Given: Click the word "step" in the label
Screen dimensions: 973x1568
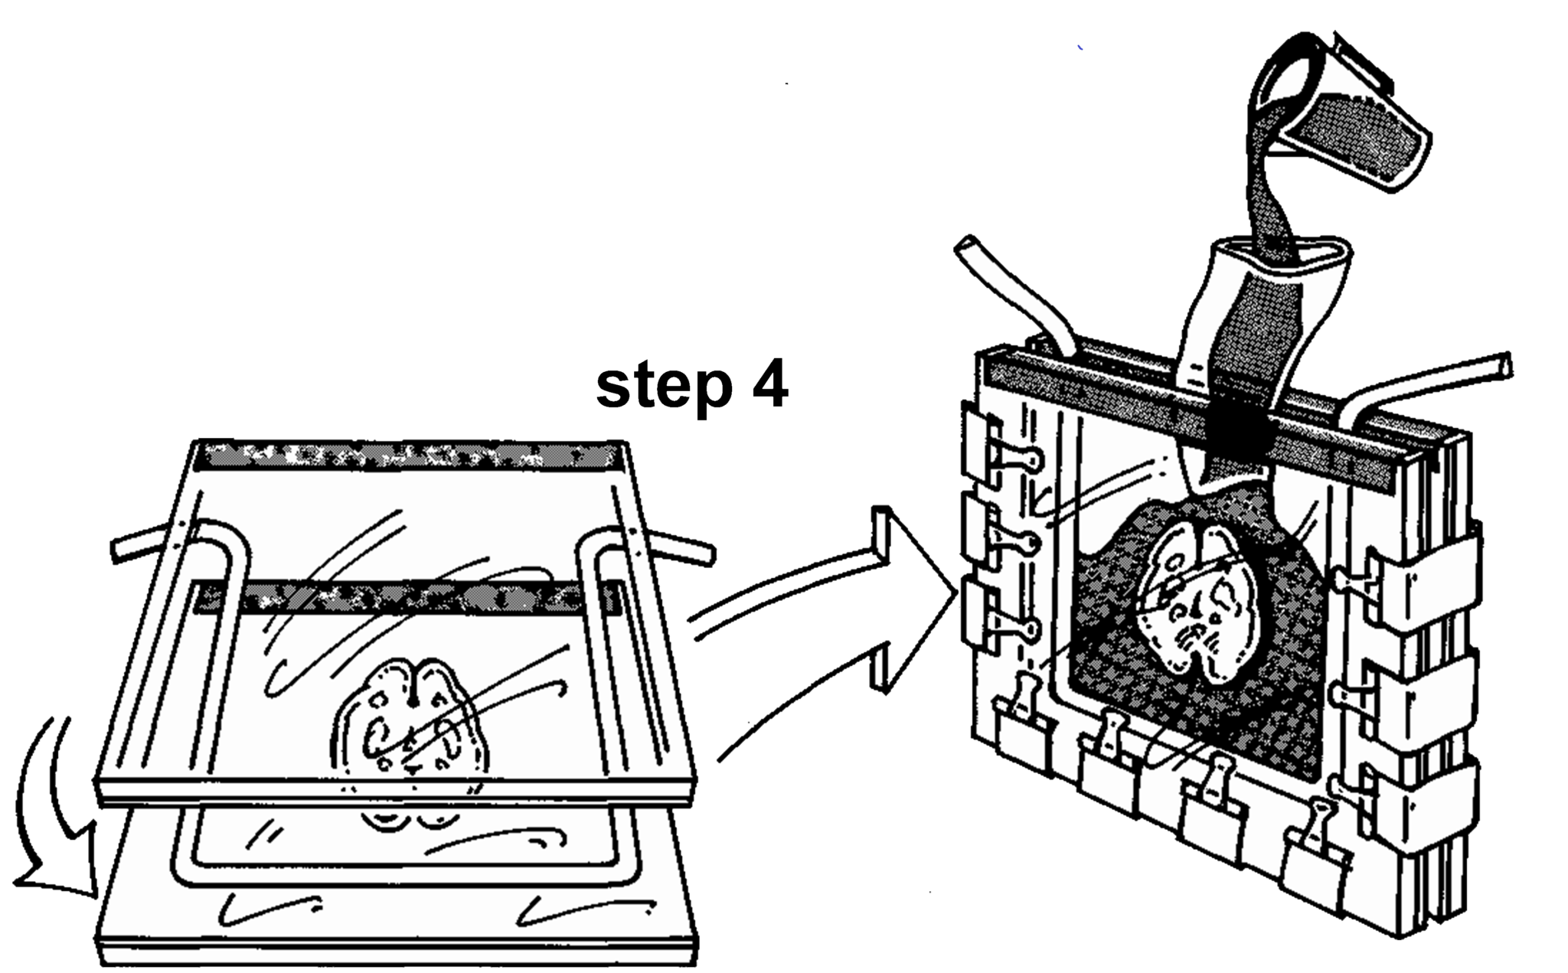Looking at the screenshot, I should (x=663, y=388).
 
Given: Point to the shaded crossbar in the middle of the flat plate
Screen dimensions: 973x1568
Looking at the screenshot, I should (x=406, y=597).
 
